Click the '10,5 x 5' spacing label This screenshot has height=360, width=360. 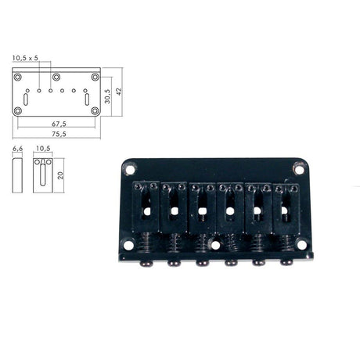tap(26, 58)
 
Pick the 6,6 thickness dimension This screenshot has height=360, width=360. tap(17, 148)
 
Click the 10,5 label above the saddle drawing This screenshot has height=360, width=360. tap(43, 148)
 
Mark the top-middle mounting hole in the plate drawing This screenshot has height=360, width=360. tap(56, 77)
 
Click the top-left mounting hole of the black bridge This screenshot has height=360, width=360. tap(129, 167)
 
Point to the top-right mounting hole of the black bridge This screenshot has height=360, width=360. tap(298, 167)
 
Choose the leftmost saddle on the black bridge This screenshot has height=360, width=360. tap(146, 207)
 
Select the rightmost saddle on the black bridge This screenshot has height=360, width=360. tap(286, 207)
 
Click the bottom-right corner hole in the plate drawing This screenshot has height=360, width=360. tap(95, 110)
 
